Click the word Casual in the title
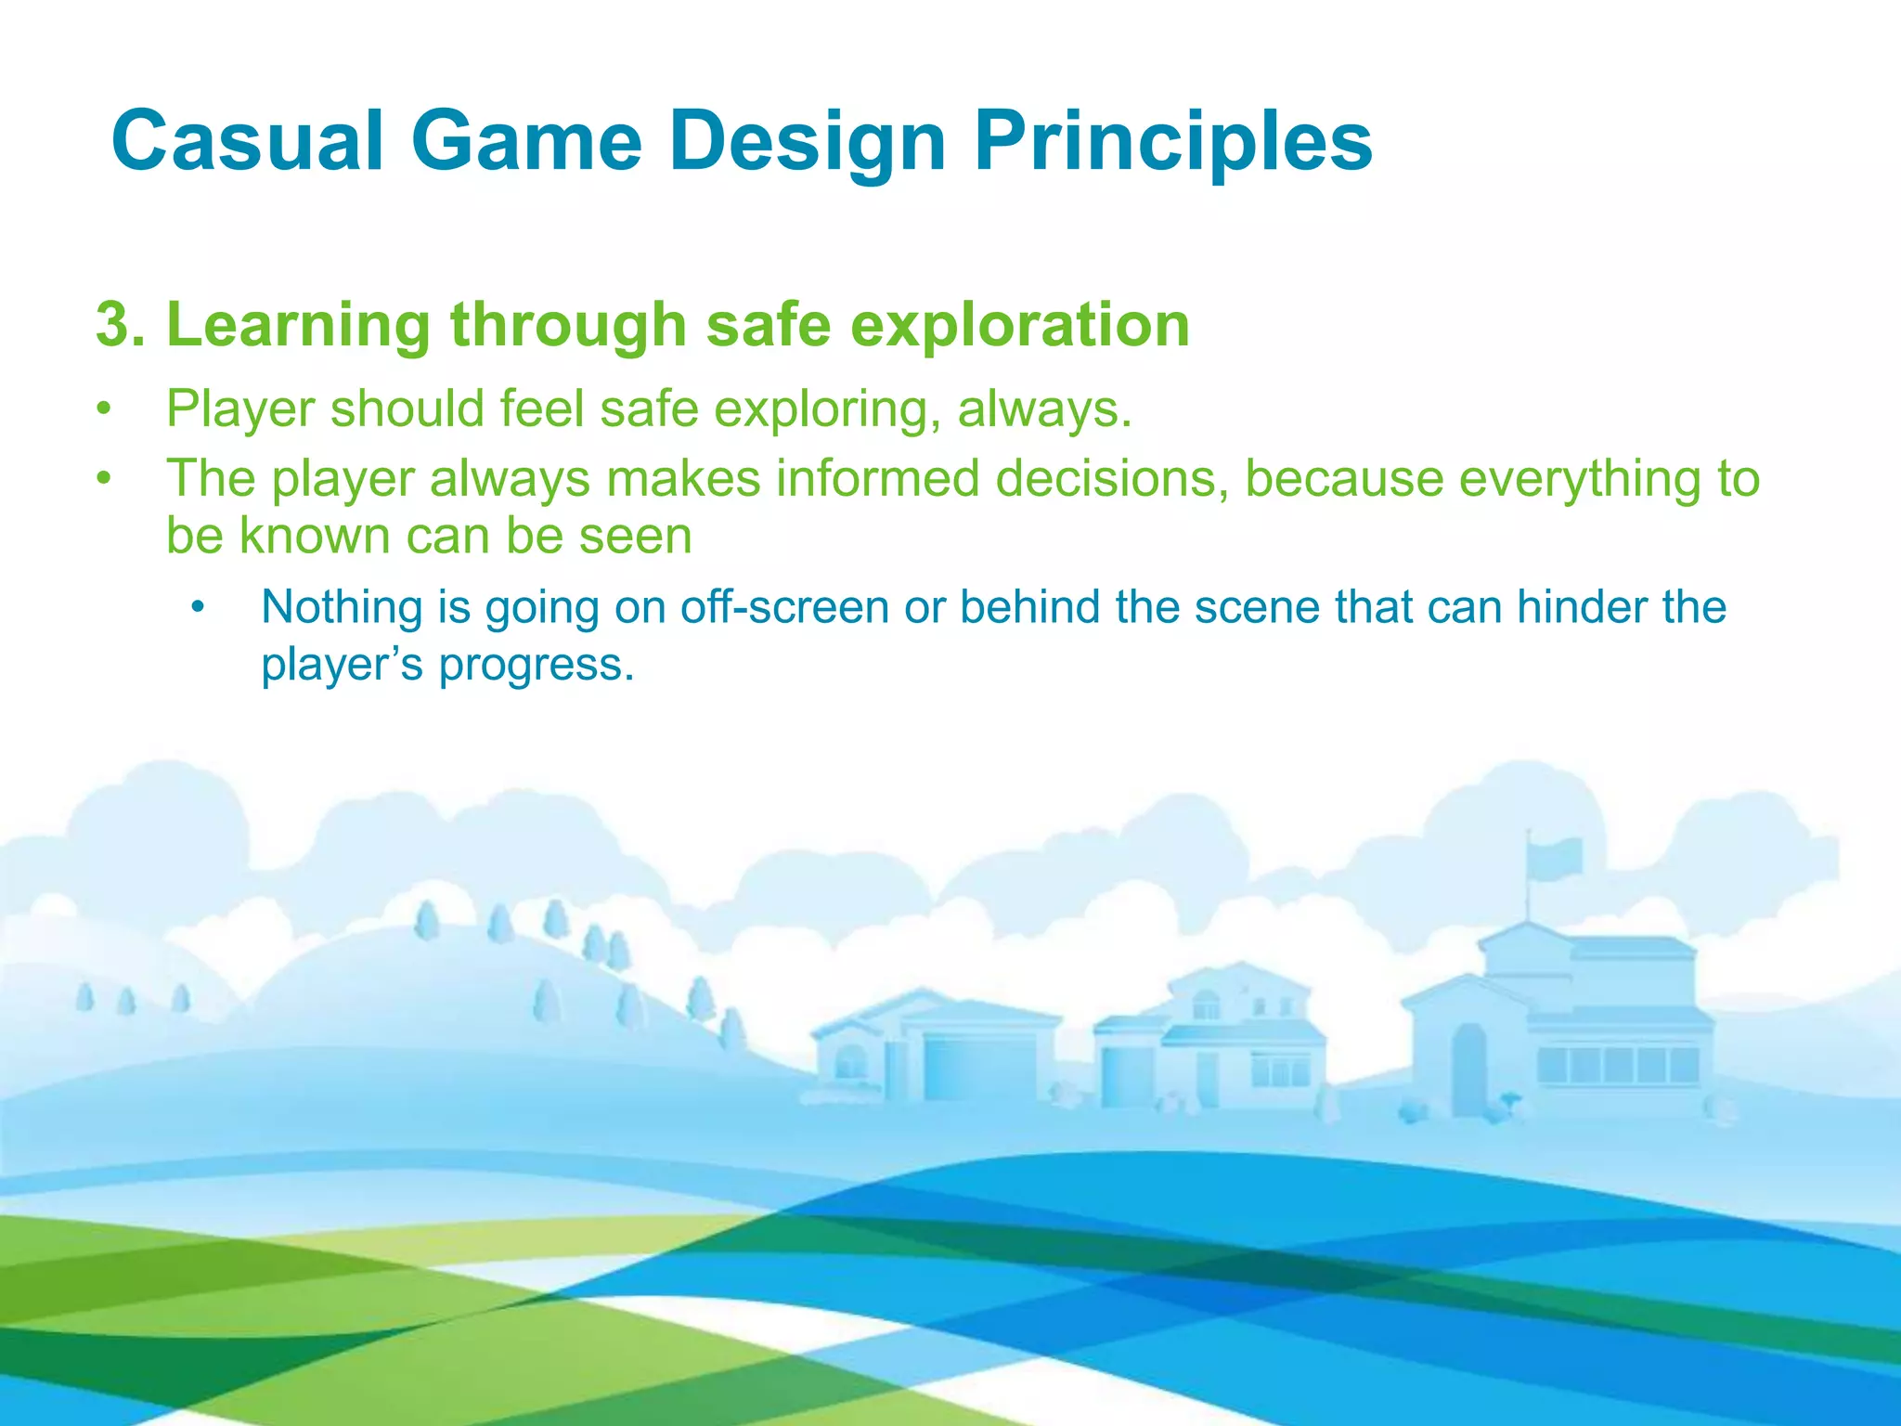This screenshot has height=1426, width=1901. pyautogui.click(x=246, y=141)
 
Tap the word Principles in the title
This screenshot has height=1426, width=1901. pyautogui.click(x=1172, y=141)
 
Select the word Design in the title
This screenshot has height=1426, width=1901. pyautogui.click(x=807, y=141)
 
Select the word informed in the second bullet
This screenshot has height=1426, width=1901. pyautogui.click(x=877, y=479)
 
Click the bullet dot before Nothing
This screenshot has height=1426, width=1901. pyautogui.click(x=197, y=609)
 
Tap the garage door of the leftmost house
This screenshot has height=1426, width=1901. pyautogui.click(x=978, y=1068)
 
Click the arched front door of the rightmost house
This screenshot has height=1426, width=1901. pyautogui.click(x=1468, y=1068)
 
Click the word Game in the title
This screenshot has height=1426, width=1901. pyautogui.click(x=526, y=141)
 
